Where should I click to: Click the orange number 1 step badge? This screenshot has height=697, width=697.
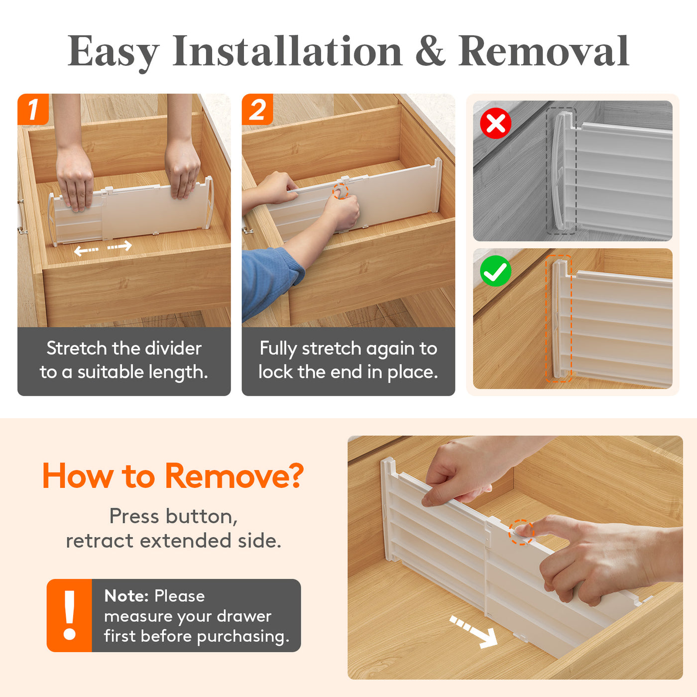coord(33,109)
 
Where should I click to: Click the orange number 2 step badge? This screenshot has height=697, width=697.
coord(257,109)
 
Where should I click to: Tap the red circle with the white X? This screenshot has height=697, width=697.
coord(495,123)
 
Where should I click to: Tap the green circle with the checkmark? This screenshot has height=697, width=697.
coord(495,271)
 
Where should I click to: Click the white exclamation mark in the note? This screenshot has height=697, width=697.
coord(69,615)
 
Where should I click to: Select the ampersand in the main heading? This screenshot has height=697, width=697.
coord(430,52)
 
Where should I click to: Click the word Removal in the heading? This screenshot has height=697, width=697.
coord(544,51)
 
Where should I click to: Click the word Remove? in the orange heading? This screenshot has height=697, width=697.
coord(234,476)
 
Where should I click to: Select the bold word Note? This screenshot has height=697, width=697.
coord(126,596)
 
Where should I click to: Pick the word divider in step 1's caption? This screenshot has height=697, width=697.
coord(173,348)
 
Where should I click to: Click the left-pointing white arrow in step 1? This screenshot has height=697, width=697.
coord(86,250)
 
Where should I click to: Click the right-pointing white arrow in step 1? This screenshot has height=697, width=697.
coord(119,246)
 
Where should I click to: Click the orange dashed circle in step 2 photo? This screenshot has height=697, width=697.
coord(341,191)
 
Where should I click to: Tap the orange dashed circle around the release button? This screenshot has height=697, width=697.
coord(521,532)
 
